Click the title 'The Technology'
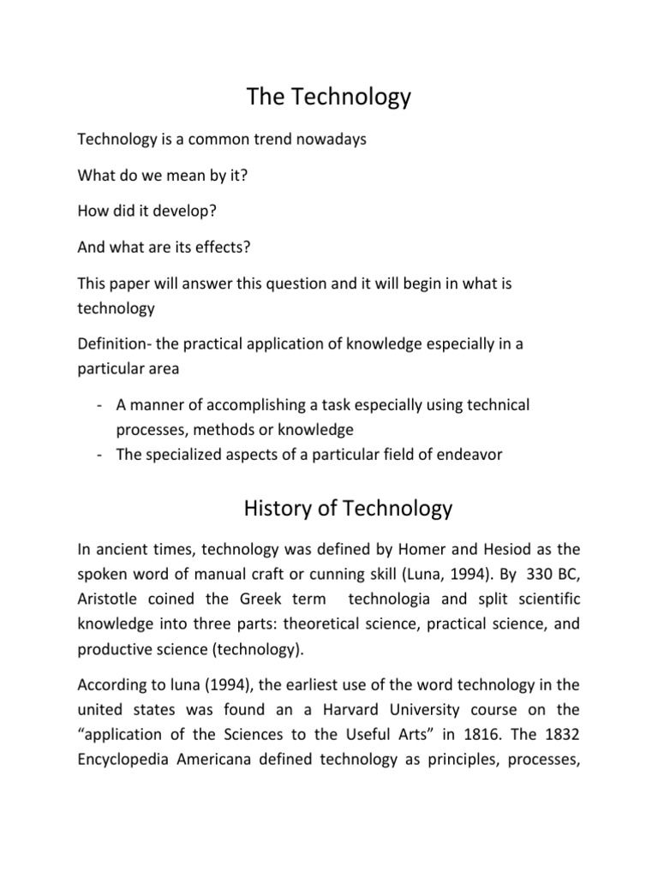[329, 98]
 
